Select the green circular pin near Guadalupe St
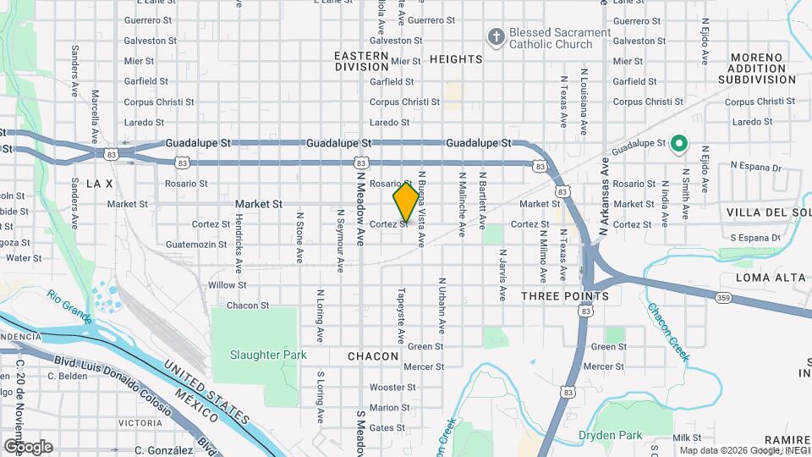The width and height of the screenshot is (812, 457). (x=678, y=144)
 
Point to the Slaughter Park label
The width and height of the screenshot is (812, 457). (x=268, y=355)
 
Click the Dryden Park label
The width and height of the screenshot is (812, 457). (x=611, y=435)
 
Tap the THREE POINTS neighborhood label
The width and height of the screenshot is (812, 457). (x=564, y=296)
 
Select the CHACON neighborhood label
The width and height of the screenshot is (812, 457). (x=373, y=356)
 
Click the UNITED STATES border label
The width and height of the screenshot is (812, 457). (x=206, y=391)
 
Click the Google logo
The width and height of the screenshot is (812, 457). (x=28, y=446)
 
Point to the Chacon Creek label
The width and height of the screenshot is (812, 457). (x=669, y=332)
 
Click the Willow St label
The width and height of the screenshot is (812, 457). (x=227, y=285)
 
